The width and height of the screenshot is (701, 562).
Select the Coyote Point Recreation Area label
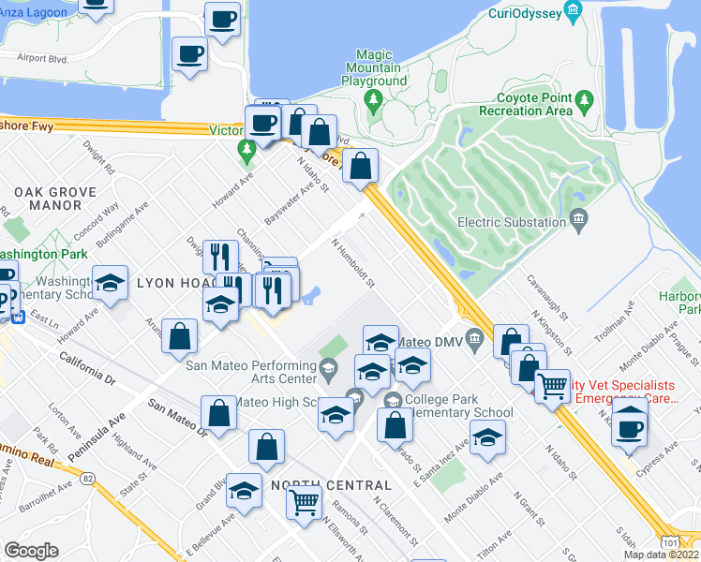(x=526, y=104)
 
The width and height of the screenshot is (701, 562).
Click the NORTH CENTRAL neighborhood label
(x=331, y=485)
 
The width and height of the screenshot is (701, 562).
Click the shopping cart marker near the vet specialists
(x=552, y=385)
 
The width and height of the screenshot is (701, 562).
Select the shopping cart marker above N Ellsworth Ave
(x=304, y=502)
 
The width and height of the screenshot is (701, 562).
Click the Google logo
(x=31, y=551)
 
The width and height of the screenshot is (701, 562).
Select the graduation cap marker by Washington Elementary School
(x=110, y=283)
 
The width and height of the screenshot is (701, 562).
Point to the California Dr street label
(x=85, y=368)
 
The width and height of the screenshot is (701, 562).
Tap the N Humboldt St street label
(x=353, y=262)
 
